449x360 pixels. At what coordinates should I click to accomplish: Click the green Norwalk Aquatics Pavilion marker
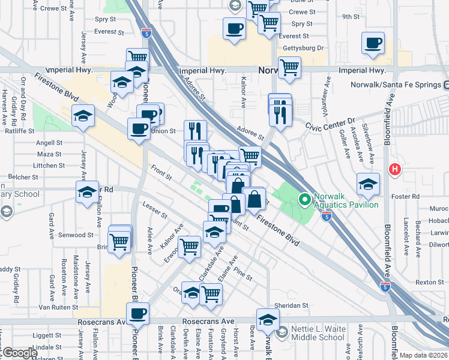pos(304,198)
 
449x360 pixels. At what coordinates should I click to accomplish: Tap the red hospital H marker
pos(394,169)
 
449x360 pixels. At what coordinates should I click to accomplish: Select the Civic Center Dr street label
pos(330,124)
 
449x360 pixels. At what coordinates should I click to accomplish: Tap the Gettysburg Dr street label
pos(304,47)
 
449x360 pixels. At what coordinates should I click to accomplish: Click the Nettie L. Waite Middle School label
pos(318,333)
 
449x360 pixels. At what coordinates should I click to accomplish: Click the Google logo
pos(19,353)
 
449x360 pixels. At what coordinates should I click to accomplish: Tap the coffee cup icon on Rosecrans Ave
pos(138,313)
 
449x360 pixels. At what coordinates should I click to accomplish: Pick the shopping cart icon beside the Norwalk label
pos(289,67)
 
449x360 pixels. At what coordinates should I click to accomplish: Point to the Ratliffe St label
pos(18,130)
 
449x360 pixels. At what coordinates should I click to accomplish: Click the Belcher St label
pos(23,178)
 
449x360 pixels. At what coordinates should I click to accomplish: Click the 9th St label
pos(350,17)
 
